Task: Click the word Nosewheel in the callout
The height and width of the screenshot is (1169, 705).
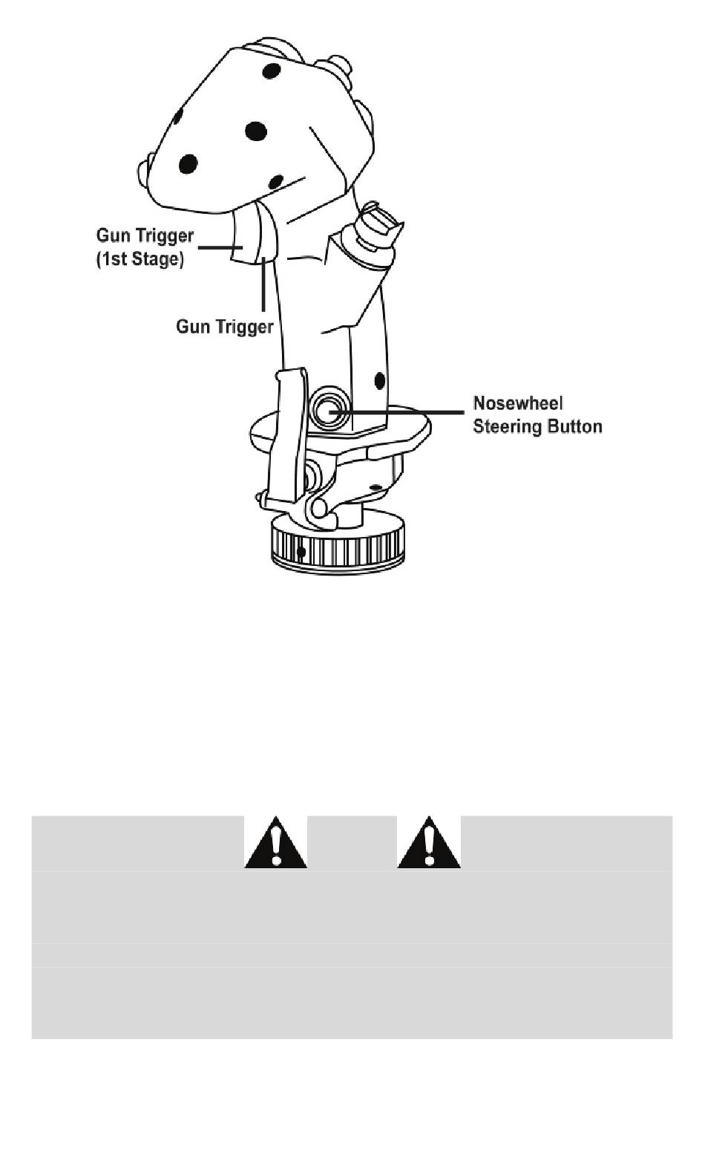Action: pyautogui.click(x=518, y=403)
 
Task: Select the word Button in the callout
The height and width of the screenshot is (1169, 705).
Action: pyautogui.click(x=574, y=427)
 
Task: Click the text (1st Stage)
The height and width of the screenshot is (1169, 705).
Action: pyautogui.click(x=140, y=260)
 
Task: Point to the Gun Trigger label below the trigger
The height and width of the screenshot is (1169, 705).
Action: pyautogui.click(x=224, y=327)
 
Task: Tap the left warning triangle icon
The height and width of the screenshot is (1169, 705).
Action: pyautogui.click(x=276, y=842)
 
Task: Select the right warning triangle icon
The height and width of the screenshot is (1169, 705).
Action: pyautogui.click(x=429, y=842)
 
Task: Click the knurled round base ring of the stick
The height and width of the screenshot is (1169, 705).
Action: pyautogui.click(x=338, y=547)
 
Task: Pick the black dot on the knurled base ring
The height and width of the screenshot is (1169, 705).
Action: pyautogui.click(x=301, y=553)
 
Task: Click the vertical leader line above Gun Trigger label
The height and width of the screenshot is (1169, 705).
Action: pyautogui.click(x=263, y=286)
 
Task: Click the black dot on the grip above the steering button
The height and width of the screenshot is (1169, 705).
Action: pyautogui.click(x=380, y=381)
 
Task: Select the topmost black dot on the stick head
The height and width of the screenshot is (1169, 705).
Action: pyautogui.click(x=271, y=72)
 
